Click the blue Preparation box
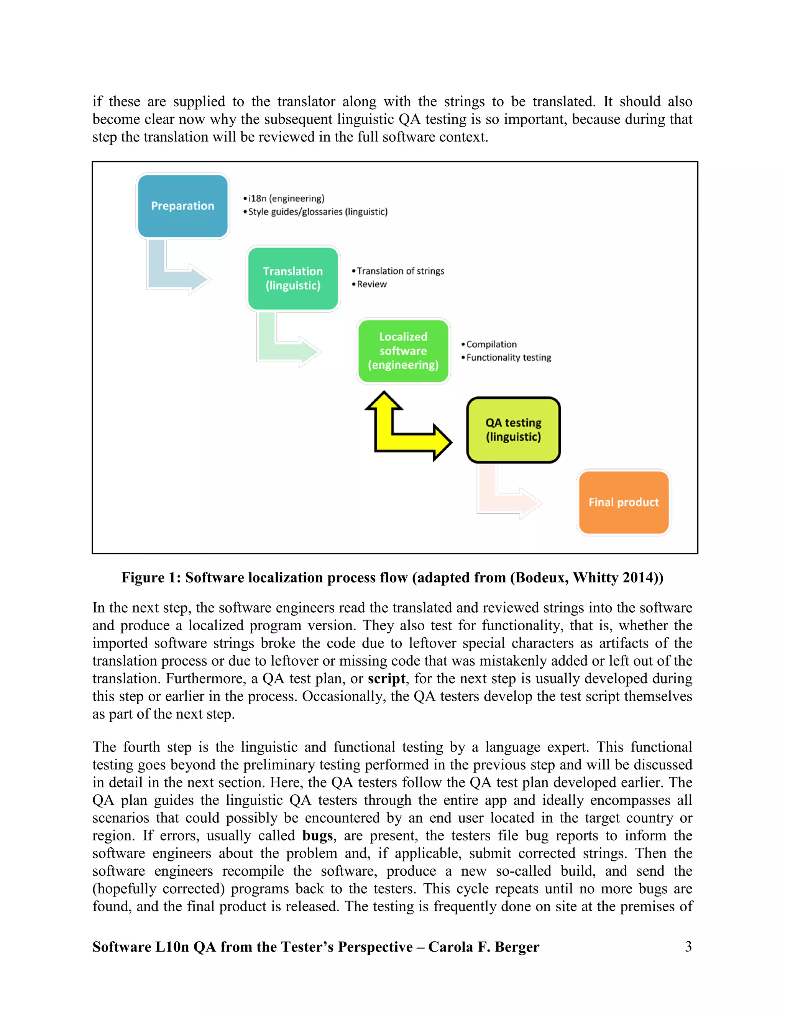(x=183, y=206)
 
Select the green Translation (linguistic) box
(x=293, y=278)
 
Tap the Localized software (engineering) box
(x=403, y=351)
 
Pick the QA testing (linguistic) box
(x=513, y=430)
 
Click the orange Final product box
(x=624, y=502)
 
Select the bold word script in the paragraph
(x=386, y=679)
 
